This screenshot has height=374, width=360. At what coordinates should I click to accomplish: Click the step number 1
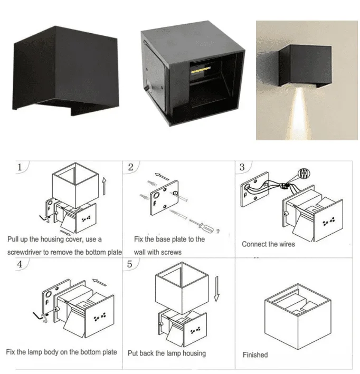click(x=20, y=167)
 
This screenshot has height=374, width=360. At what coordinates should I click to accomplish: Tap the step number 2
click(x=130, y=167)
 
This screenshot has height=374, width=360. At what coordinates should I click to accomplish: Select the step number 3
click(x=242, y=167)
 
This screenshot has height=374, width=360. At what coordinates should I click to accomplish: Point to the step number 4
click(x=20, y=264)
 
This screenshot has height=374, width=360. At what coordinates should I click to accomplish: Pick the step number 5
click(x=130, y=264)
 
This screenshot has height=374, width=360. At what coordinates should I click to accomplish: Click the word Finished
click(x=255, y=354)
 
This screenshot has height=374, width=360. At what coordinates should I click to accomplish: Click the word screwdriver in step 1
click(x=24, y=252)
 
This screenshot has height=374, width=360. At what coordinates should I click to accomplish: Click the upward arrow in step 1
click(x=104, y=186)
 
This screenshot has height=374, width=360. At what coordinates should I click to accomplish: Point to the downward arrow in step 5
click(x=216, y=289)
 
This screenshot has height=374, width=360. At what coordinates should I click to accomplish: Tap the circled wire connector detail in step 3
click(x=304, y=174)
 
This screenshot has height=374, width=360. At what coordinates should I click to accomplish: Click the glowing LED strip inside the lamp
click(x=201, y=70)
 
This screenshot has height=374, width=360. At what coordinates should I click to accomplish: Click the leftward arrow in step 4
click(x=99, y=282)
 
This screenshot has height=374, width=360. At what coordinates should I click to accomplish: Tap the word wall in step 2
click(x=140, y=252)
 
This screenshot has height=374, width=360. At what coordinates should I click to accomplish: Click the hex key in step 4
click(x=41, y=317)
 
